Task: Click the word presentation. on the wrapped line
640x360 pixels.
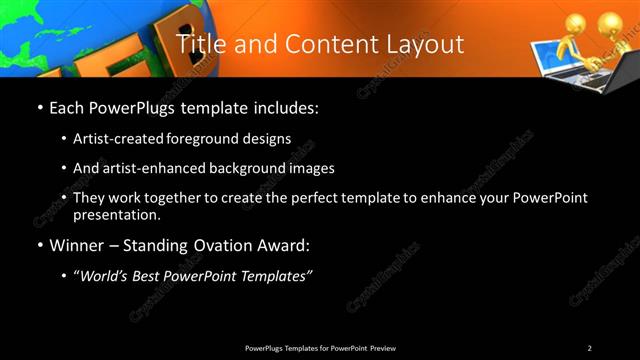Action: pyautogui.click(x=116, y=215)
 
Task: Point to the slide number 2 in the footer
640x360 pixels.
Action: pyautogui.click(x=589, y=348)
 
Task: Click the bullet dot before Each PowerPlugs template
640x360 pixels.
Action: pyautogui.click(x=39, y=106)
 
